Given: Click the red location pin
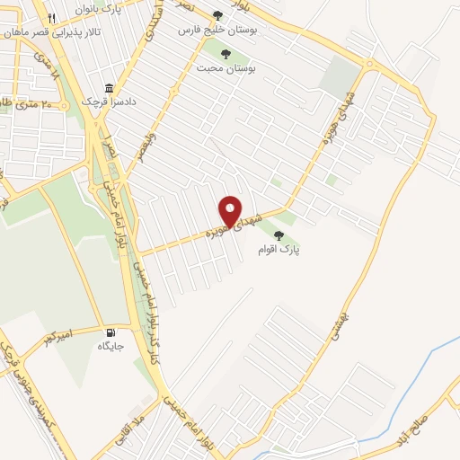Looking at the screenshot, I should (x=231, y=210).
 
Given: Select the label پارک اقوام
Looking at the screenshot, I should (x=281, y=249).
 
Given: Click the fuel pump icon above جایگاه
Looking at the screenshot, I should (x=111, y=332).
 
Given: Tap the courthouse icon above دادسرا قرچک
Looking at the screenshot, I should (x=110, y=89).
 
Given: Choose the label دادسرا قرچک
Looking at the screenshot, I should (x=110, y=102).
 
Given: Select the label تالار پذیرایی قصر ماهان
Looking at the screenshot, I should (x=54, y=31).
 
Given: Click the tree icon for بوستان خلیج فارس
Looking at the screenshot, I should (x=218, y=16).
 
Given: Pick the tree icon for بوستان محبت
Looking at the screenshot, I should (x=226, y=54).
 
